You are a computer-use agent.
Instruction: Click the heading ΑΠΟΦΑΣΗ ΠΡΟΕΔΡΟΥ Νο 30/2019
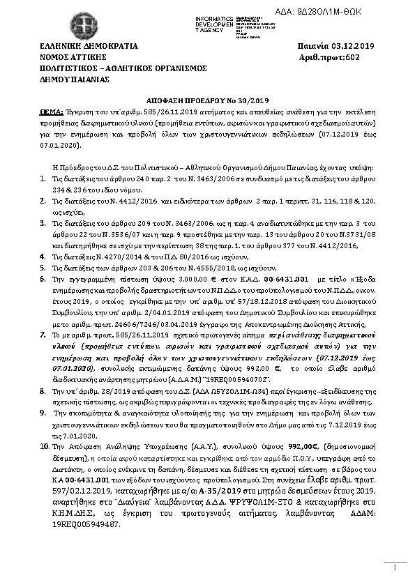(207, 100)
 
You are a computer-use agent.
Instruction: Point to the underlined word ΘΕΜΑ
(52, 111)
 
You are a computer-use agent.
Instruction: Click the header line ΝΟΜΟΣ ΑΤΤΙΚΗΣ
(73, 57)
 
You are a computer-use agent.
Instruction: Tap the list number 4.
(43, 257)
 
